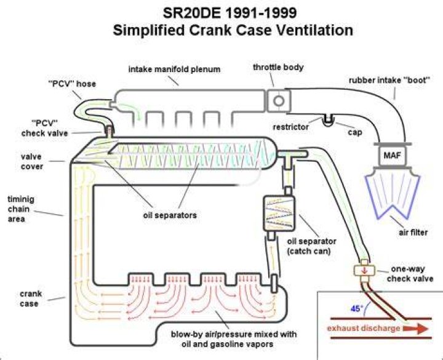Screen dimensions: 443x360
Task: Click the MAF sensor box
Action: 392,156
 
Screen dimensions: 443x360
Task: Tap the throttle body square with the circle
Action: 278,101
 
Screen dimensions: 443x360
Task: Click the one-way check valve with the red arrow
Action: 364,270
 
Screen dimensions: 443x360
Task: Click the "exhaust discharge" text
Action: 364,329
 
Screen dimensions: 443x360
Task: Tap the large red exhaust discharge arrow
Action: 415,329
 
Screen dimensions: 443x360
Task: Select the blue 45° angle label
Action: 356,308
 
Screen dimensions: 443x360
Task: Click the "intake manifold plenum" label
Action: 174,69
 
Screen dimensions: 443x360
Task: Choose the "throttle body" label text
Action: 278,68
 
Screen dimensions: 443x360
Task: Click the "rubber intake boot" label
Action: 389,80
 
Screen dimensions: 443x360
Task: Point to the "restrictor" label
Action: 290,127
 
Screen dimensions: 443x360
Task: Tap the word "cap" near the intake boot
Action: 355,132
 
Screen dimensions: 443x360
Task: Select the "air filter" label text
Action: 413,232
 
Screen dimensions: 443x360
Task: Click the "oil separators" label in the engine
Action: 170,215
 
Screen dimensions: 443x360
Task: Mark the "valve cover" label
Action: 32,161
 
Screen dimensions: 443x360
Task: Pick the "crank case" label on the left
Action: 31,298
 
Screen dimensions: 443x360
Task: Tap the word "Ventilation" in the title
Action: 314,30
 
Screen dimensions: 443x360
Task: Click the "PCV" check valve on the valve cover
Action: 109,132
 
